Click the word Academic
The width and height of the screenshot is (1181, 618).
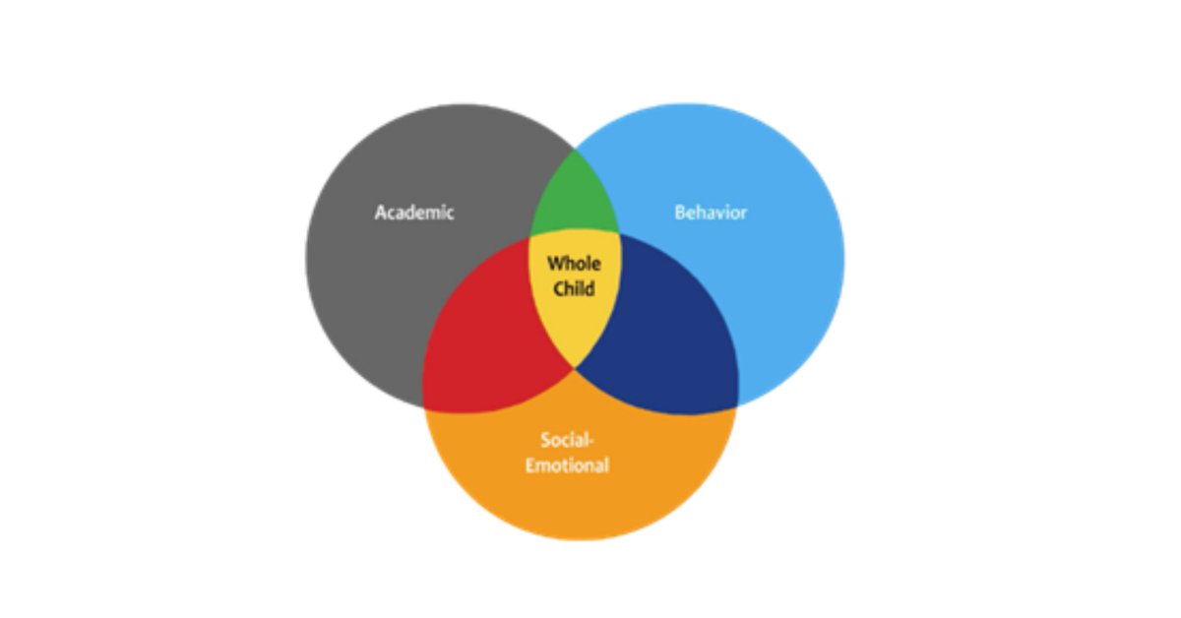coord(414,212)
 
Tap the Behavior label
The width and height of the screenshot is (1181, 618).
coord(711,212)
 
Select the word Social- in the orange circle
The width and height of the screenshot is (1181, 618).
coord(567,440)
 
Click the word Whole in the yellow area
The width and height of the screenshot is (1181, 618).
coord(573,263)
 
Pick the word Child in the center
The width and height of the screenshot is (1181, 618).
coord(574,289)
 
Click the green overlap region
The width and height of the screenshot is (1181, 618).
coord(575,202)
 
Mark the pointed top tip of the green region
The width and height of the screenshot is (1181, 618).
coord(575,149)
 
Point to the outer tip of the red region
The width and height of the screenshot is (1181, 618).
coord(424,405)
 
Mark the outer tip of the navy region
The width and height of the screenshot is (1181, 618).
coord(737,405)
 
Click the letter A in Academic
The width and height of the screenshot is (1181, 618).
coord(381,212)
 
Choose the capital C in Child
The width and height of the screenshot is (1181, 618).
coord(559,289)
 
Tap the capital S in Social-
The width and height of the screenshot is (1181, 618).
coord(545,440)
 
